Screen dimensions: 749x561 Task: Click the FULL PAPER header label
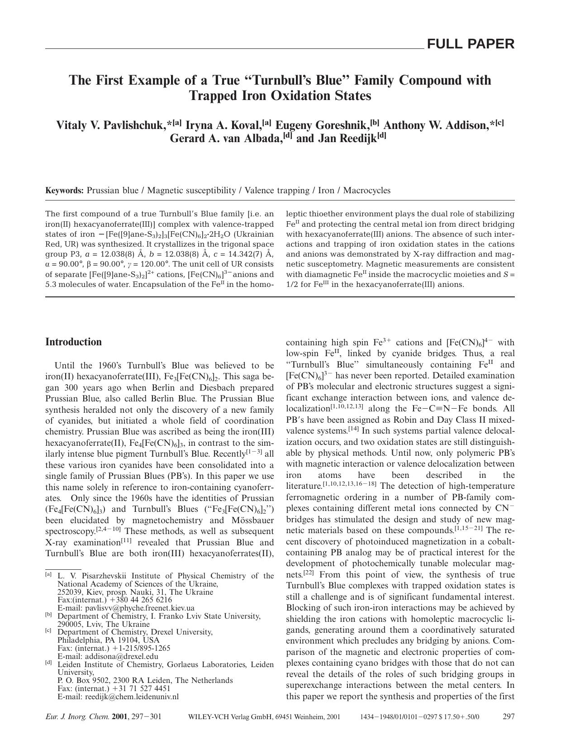(x=471, y=44)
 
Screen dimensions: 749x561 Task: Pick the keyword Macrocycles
(x=366, y=191)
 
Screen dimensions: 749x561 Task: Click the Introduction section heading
(x=73, y=342)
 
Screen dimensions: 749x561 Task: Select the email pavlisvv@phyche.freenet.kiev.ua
(x=140, y=608)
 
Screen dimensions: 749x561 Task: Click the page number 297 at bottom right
(x=509, y=716)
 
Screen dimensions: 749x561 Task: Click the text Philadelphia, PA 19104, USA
(x=109, y=640)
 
